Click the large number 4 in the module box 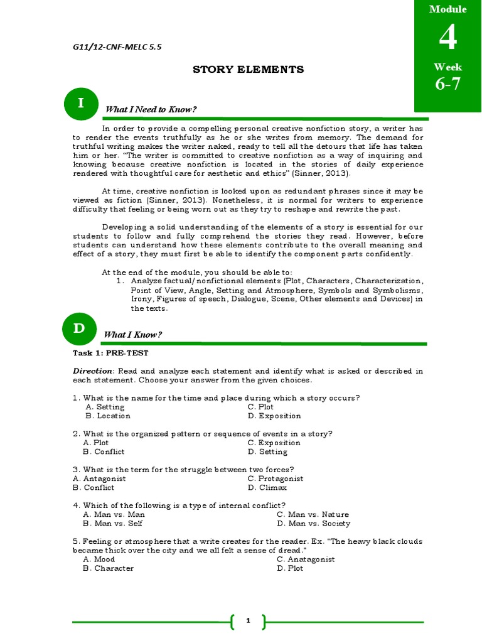coord(447,39)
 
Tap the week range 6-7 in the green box coord(447,84)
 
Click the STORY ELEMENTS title coord(248,70)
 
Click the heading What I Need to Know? coord(151,109)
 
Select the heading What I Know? coord(134,335)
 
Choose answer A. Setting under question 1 coord(105,407)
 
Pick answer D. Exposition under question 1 coord(274,416)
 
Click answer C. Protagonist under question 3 coord(276,478)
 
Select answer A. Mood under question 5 coord(100,559)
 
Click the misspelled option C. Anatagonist coord(306,559)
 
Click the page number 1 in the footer coord(248,621)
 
